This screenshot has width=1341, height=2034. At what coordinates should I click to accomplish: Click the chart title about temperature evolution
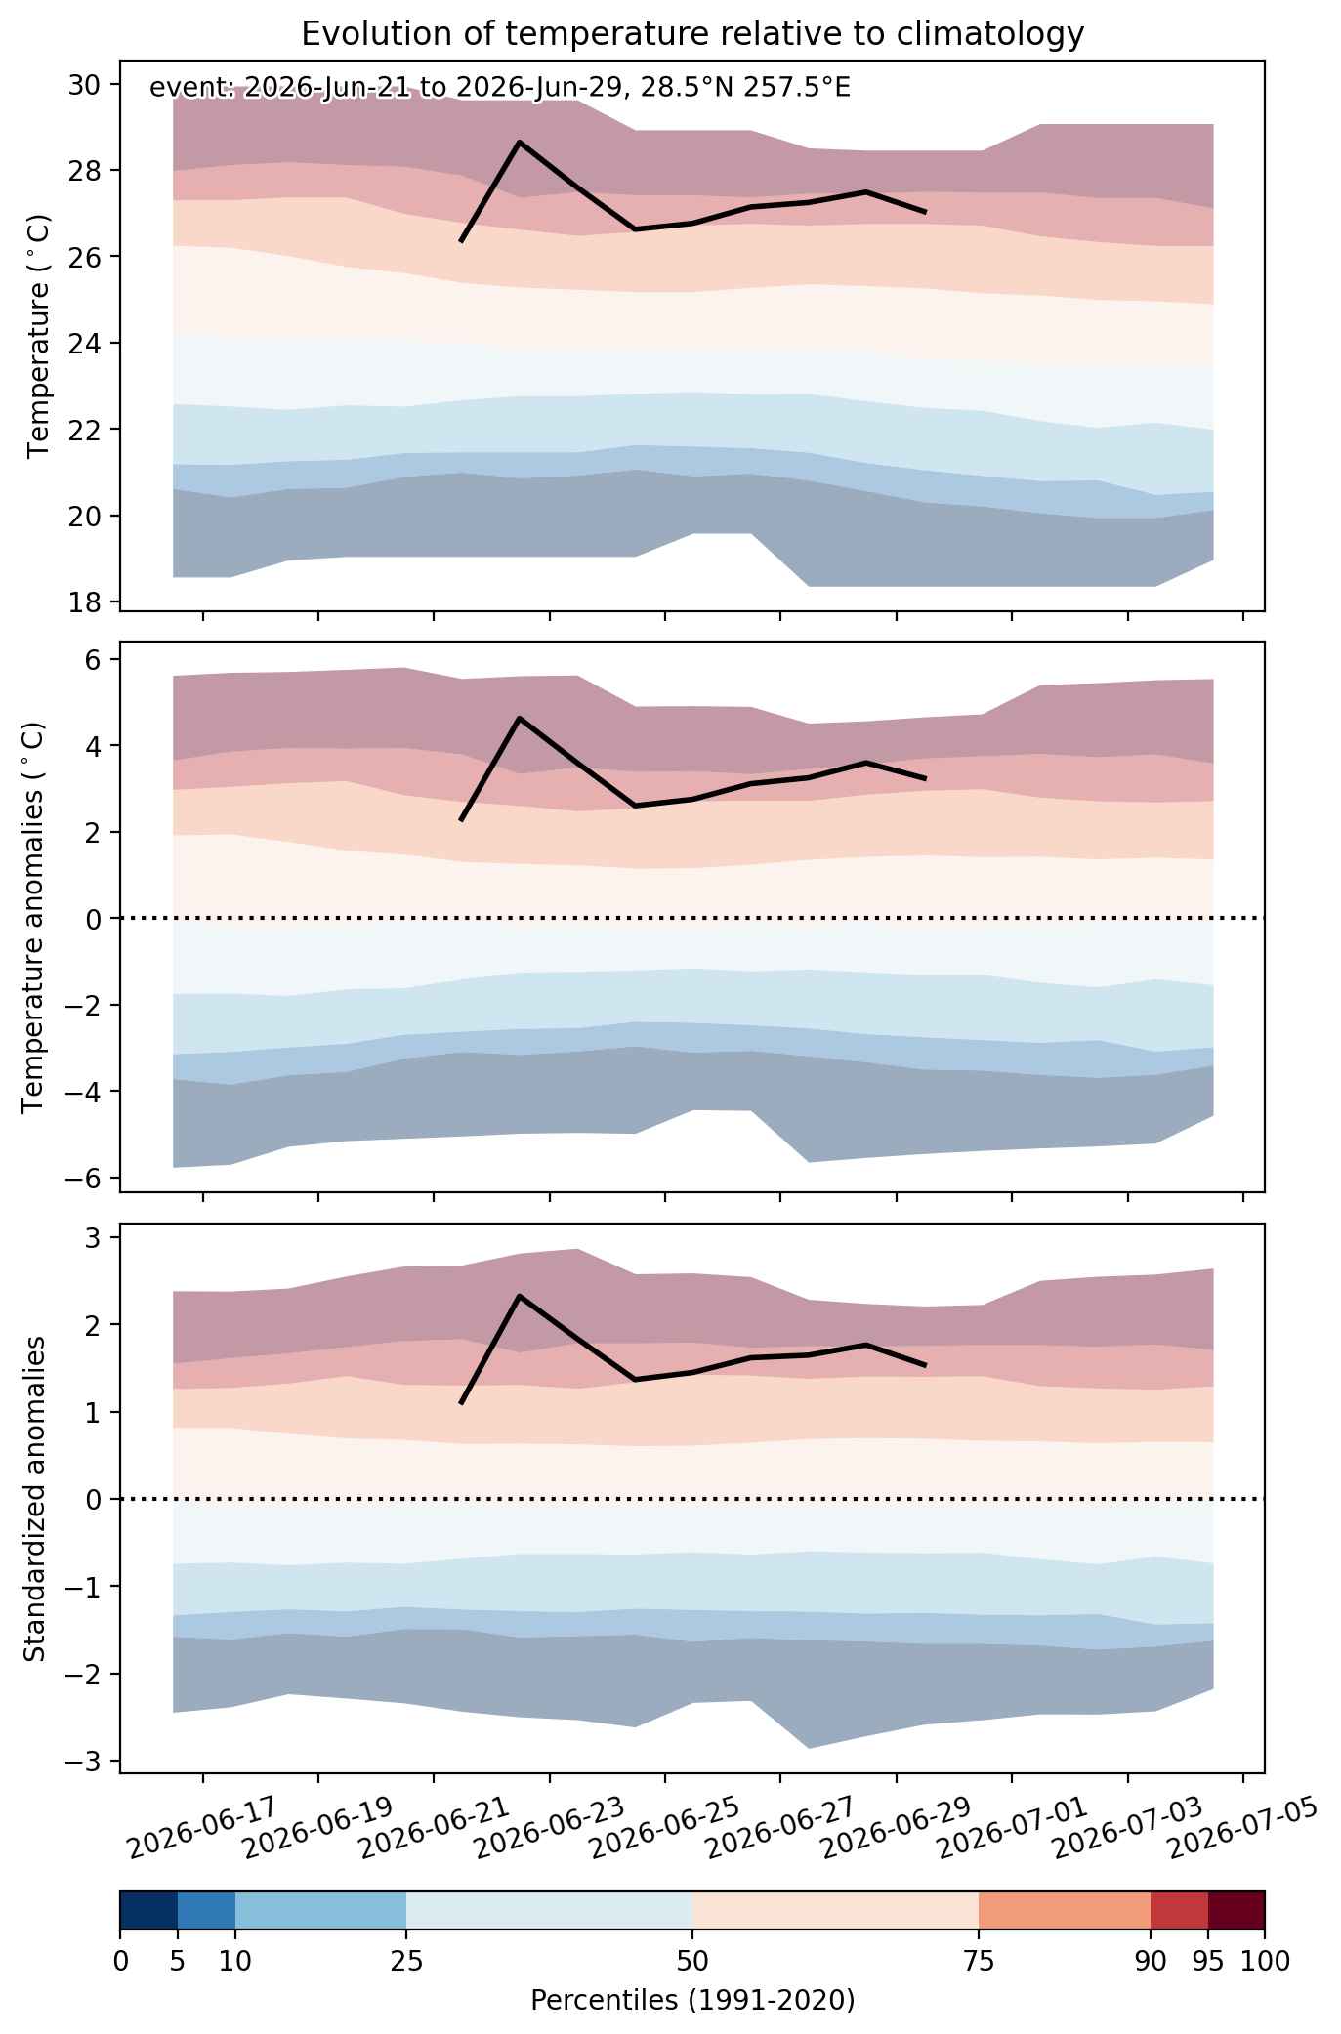(x=692, y=34)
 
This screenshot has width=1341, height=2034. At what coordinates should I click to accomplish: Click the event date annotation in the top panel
(x=500, y=89)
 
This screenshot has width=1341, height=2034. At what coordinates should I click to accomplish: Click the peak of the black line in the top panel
(x=520, y=142)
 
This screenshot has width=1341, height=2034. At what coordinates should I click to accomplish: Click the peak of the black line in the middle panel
(x=520, y=718)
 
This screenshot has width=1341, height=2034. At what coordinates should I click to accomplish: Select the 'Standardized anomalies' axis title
(x=34, y=1497)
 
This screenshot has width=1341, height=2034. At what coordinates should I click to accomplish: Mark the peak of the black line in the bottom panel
(x=520, y=1296)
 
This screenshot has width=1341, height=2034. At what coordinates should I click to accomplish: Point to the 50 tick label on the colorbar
(x=692, y=1960)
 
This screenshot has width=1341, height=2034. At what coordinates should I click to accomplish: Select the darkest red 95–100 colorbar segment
(x=1236, y=1911)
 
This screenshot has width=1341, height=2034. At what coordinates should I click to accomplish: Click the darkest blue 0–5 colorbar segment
(x=148, y=1911)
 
